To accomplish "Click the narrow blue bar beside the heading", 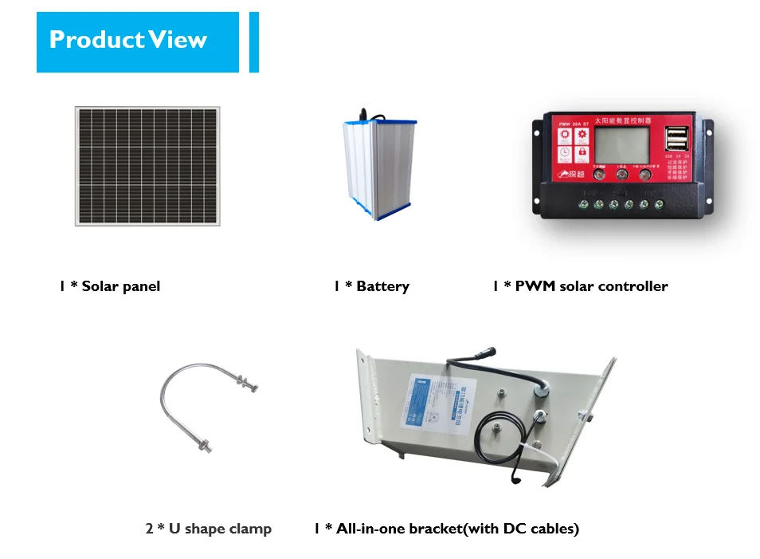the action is click(x=254, y=41).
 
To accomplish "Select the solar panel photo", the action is click(x=147, y=166).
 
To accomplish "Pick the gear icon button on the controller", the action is click(x=582, y=136).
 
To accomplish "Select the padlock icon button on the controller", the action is click(x=582, y=152).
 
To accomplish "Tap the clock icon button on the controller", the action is click(x=564, y=152).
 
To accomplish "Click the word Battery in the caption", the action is click(x=382, y=286).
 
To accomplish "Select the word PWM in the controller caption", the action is click(x=535, y=286).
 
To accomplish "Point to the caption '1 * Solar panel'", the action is click(x=109, y=286).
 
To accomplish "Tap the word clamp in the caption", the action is click(x=250, y=529).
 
